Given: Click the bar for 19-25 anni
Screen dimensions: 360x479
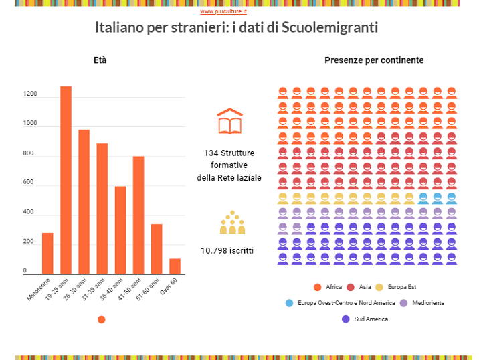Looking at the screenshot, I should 66,180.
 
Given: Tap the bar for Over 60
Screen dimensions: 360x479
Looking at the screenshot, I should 175,266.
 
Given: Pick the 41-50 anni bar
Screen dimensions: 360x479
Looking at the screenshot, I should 138,215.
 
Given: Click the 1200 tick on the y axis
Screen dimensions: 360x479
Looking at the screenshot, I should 30,94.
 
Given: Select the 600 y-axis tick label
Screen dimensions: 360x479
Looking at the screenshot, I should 29,183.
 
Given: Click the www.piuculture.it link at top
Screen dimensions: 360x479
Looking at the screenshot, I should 223,11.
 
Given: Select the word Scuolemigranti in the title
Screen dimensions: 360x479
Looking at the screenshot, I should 330,28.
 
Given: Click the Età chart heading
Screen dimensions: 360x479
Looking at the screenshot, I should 100,60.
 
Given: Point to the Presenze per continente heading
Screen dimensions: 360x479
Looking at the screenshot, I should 374,60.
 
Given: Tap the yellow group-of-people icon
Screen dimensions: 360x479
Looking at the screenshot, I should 232,223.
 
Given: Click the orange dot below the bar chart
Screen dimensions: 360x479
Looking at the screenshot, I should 101,319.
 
